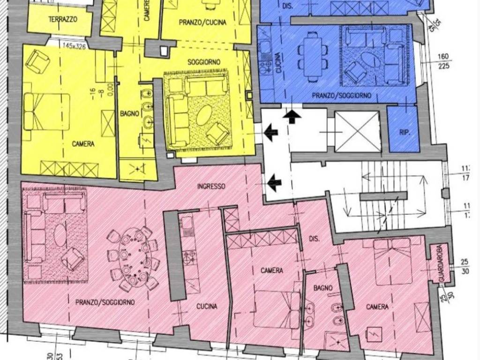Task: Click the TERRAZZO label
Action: [63, 20]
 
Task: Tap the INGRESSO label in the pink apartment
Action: [211, 186]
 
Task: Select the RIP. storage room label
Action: [404, 133]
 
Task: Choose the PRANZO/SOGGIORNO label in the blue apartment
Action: [342, 95]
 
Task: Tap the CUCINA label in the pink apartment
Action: [207, 307]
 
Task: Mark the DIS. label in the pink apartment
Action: [314, 239]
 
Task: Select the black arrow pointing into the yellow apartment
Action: [270, 133]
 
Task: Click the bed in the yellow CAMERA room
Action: [47, 111]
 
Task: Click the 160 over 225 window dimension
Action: [442, 61]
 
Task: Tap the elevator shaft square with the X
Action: [357, 131]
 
